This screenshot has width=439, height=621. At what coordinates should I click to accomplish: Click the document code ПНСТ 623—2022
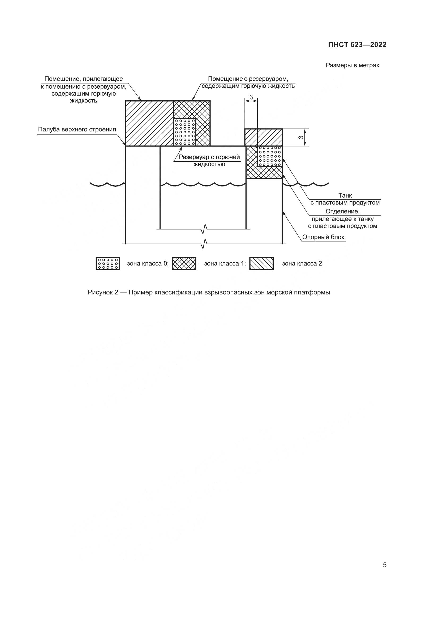click(357, 45)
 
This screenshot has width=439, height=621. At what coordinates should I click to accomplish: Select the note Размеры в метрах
click(352, 66)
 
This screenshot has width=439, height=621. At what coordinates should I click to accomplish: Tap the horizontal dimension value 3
click(251, 97)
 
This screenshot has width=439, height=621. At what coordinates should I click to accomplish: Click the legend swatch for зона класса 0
click(107, 264)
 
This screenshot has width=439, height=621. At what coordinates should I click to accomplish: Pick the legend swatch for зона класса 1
click(184, 264)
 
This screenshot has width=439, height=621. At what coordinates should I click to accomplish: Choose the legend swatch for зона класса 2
click(261, 264)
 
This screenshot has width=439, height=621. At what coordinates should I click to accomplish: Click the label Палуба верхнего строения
click(77, 130)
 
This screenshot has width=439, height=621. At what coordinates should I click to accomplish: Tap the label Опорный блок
click(323, 237)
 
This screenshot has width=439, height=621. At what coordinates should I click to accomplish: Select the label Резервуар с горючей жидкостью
click(209, 160)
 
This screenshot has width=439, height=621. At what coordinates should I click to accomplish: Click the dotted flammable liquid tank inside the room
click(185, 131)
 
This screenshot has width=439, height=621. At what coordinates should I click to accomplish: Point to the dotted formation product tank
click(270, 156)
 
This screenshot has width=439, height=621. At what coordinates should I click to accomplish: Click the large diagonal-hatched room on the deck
click(149, 123)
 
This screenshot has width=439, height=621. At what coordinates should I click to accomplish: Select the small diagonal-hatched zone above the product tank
click(264, 138)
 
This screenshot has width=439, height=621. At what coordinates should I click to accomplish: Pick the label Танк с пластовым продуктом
click(345, 199)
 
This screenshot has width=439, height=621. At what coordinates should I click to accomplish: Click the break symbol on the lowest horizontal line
click(205, 244)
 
